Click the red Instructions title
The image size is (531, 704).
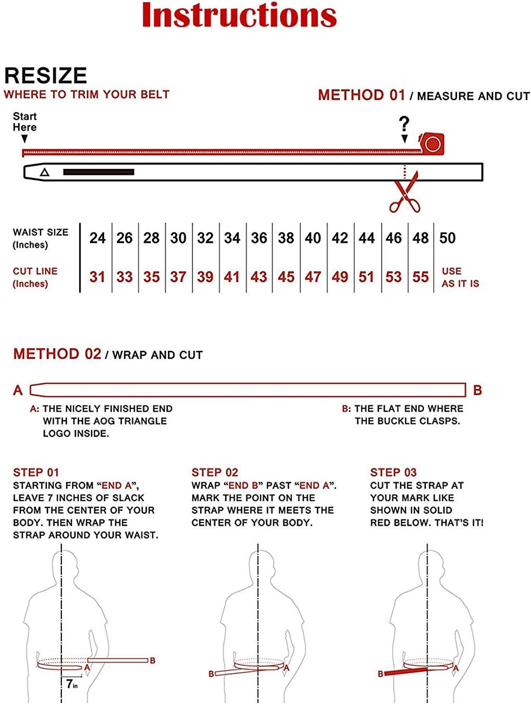(239, 15)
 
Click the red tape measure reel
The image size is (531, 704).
(431, 143)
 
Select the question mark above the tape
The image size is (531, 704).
(404, 124)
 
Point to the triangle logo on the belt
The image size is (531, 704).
(44, 172)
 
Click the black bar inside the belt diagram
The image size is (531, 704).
(99, 172)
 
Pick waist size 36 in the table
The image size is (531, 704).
(259, 238)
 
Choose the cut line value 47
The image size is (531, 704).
(313, 277)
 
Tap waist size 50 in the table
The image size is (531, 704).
(447, 238)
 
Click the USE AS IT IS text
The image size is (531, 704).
(460, 277)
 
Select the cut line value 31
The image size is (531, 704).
(97, 277)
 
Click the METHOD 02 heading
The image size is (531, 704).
(57, 354)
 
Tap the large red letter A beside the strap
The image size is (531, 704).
(18, 390)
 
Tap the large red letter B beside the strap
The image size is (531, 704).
(477, 390)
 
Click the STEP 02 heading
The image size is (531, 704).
(215, 472)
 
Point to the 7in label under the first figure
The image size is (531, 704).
(72, 684)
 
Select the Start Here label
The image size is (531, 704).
(25, 122)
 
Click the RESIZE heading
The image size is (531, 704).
(46, 75)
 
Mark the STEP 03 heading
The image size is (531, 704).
(393, 472)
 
